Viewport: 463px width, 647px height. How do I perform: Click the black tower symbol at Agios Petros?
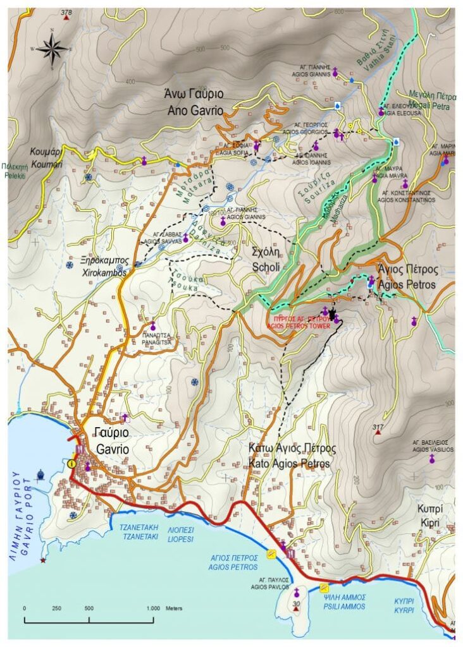(333, 314)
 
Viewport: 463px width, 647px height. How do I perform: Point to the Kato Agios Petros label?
(292, 456)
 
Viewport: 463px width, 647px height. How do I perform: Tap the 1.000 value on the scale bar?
(153, 608)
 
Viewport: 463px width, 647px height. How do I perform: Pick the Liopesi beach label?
(181, 535)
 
